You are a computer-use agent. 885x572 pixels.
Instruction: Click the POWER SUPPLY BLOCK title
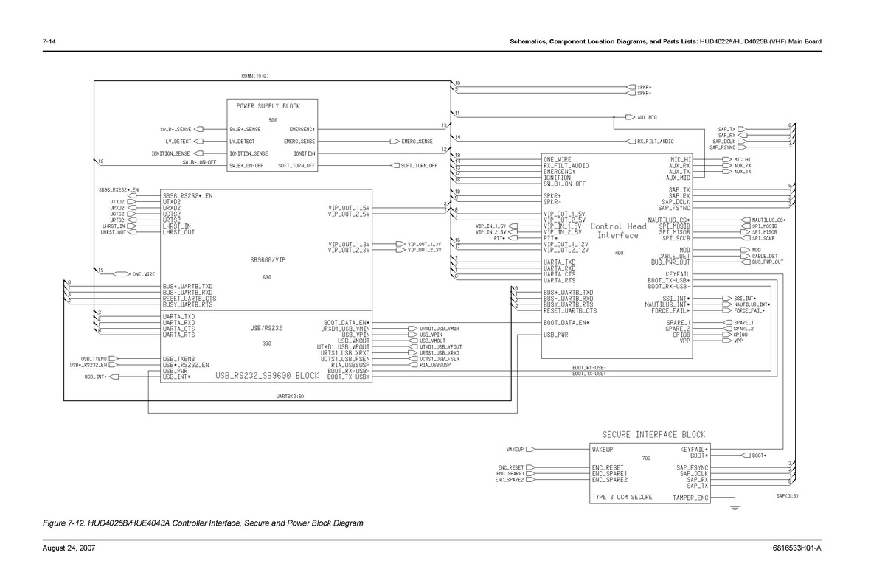263,106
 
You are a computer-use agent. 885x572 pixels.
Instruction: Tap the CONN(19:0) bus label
255,76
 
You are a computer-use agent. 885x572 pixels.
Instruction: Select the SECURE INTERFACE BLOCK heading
653,435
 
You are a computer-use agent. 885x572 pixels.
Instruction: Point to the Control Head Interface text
618,231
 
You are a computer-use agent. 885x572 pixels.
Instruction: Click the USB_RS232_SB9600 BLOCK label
267,376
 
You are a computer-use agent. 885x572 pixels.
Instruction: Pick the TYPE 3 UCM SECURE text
622,498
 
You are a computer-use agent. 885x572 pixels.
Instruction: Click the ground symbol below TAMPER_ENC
734,506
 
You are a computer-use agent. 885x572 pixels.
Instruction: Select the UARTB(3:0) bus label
290,396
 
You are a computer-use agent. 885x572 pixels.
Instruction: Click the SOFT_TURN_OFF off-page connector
395,165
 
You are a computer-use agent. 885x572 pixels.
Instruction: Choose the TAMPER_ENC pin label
690,498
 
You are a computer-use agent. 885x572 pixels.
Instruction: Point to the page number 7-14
50,41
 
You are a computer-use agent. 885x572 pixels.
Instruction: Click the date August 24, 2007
69,548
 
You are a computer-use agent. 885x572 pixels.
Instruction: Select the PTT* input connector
513,238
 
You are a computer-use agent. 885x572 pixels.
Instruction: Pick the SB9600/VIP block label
267,260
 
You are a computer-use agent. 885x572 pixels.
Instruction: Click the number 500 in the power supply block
273,120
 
